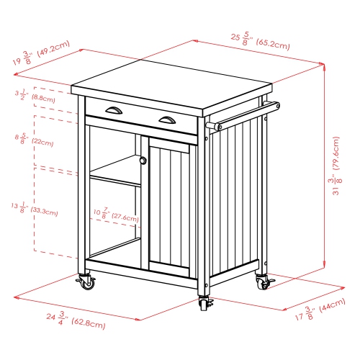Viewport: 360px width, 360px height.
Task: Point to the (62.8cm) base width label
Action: pos(87,325)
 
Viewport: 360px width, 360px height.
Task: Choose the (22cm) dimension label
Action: pos(42,142)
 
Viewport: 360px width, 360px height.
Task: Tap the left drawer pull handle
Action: pos(113,109)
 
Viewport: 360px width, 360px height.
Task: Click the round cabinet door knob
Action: pos(143,161)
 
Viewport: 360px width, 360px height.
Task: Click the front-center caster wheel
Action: pos(204,305)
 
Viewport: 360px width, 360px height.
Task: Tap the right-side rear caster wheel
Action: pos(262,283)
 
